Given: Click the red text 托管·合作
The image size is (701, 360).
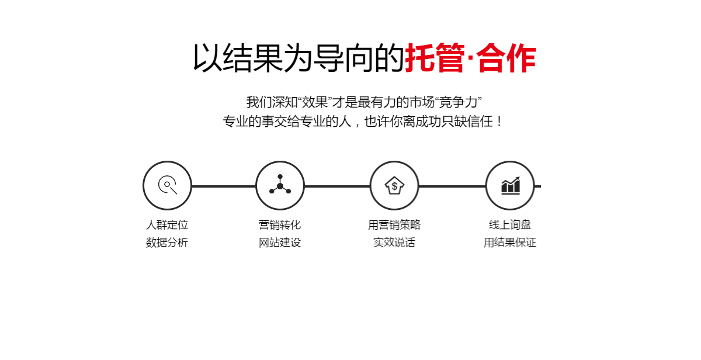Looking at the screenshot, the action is point(471,58).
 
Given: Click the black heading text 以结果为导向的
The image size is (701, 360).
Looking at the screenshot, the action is point(299,58).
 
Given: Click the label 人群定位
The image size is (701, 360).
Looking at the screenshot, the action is point(167,225).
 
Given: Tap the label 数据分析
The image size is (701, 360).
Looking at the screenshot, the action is point(167,243).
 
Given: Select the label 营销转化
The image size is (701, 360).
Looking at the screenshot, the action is point(280,225).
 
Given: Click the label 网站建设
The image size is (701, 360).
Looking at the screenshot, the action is point(280,243).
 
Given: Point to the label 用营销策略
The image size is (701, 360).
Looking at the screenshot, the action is point(394,225).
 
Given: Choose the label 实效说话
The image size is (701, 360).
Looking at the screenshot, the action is point(394,243).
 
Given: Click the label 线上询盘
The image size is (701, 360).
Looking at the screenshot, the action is point(510,225).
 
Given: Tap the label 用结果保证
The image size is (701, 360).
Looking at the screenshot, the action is point(510,243).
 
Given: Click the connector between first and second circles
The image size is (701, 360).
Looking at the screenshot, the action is point(224,186).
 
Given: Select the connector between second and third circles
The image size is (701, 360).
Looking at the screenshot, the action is point(337,186).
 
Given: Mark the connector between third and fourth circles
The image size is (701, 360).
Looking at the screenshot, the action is point(452,186).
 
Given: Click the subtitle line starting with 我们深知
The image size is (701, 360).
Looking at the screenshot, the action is point(364,102).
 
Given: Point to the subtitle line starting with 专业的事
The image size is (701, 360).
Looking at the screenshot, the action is point(363,122).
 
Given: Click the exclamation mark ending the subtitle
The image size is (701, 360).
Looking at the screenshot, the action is point(499,122).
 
